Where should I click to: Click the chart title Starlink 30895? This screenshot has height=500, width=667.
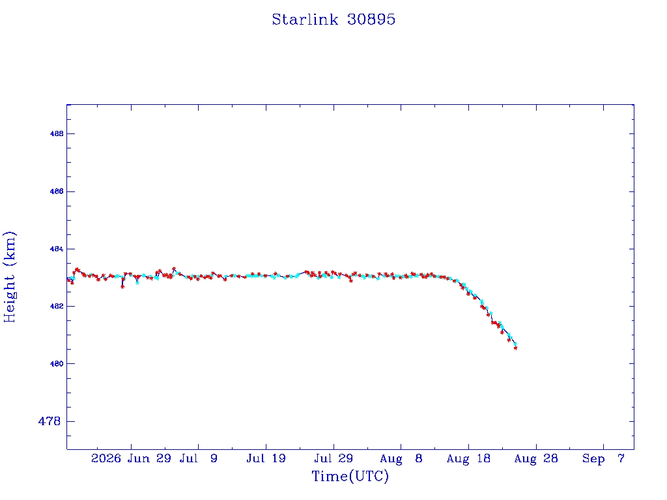pos(333,20)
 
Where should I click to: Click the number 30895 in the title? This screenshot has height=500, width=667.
pos(371,20)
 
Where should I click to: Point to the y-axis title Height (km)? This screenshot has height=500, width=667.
pos(9,277)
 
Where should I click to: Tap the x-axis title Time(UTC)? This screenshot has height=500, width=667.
pos(350,476)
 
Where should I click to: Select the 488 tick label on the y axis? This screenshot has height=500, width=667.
pos(57,134)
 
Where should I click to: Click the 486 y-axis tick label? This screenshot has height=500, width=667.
pos(57,192)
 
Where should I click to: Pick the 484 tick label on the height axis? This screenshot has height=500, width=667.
pos(57,249)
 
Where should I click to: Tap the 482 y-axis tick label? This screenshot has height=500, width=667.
pos(57,307)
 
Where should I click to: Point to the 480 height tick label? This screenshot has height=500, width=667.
pos(57,364)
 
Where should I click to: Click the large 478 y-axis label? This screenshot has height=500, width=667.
pos(50,421)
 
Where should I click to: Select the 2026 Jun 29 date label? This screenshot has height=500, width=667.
pos(131,459)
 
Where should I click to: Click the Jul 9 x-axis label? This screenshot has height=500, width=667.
pos(198,459)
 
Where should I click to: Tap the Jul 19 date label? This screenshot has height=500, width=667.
pos(266,459)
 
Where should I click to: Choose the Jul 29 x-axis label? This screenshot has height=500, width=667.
pos(333,459)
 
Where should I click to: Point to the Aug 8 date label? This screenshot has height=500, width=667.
pos(401,459)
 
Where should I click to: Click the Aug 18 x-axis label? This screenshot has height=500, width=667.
pos(468,459)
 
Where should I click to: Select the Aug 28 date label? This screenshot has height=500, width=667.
pos(536,459)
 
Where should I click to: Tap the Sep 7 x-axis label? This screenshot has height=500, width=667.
pos(603,459)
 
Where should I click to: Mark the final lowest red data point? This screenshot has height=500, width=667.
pos(516,348)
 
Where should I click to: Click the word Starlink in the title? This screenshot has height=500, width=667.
pos(305,20)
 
